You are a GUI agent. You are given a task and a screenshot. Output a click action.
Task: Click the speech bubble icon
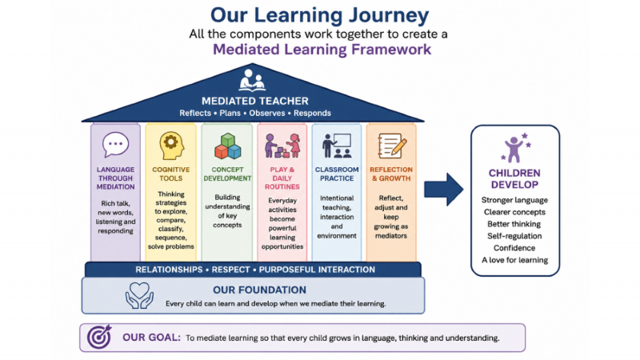coord(115,145)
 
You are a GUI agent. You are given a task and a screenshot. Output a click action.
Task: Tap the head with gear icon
coord(171,146)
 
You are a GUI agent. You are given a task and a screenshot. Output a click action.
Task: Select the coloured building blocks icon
coord(228,146)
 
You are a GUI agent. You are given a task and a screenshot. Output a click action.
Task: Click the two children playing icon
coord(282,146)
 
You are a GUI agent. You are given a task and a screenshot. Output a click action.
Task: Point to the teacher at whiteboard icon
coord(337,146)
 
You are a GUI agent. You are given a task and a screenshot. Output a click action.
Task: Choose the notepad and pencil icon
coord(392,146)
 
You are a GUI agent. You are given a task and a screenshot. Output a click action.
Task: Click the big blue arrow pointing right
coord(444,190)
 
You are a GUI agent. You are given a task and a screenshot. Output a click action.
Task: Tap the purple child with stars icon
coord(516,147)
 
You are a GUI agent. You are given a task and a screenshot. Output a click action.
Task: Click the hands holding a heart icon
coord(139,295)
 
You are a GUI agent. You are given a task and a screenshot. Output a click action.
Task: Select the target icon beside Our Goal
coord(99,337)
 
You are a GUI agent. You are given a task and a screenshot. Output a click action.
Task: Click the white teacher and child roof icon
coord(252,80)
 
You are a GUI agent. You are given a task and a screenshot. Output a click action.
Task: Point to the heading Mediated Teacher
coord(255,101)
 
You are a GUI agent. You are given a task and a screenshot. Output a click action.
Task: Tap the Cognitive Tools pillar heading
coord(171,174)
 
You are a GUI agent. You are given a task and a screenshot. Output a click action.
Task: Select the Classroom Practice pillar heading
coord(337,174)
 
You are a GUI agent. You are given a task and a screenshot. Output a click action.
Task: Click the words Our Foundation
coord(259,290)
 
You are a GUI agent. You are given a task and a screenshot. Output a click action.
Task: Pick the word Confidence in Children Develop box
coord(514,248)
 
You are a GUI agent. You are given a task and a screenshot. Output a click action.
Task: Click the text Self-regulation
coord(514,236)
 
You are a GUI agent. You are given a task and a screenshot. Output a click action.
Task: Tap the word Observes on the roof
coord(267,113)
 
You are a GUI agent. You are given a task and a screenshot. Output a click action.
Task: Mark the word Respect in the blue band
coord(230,270)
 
